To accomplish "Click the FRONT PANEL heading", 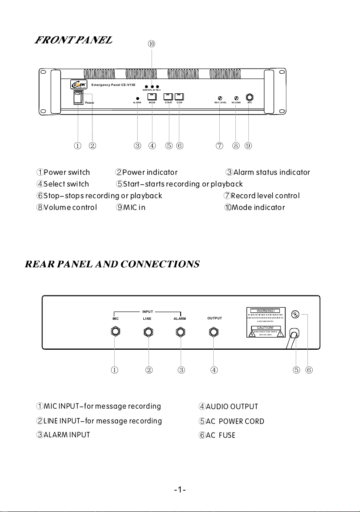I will (x=74, y=40).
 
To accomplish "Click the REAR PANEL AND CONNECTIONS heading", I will (x=112, y=264).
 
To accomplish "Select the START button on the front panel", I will (x=168, y=97).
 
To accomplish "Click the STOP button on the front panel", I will (x=179, y=97).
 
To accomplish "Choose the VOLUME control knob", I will (x=236, y=98).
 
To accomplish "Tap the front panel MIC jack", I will (x=250, y=98).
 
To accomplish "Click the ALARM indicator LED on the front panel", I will (x=138, y=98).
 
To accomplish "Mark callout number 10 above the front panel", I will (x=152, y=44).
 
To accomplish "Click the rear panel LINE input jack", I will (x=149, y=332).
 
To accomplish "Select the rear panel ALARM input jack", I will (x=180, y=332).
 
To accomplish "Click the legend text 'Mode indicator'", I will (x=258, y=207).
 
